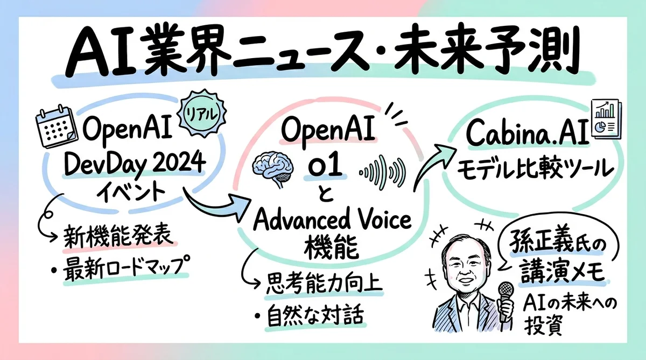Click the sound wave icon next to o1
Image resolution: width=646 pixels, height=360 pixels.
[383, 172]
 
